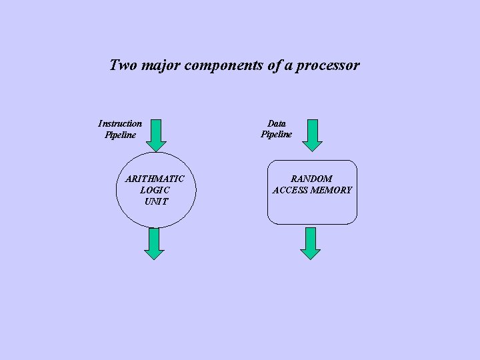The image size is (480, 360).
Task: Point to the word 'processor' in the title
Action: coord(327,66)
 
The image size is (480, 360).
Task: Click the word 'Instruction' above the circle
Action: coord(120,123)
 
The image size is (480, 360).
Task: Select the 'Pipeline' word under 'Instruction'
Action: coord(120,135)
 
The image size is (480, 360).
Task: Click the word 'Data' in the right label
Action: coord(277,123)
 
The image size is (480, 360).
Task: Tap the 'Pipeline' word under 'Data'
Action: coord(277,135)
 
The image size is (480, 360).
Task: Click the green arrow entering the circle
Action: coord(155,135)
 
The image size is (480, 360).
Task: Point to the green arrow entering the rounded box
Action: coord(312,135)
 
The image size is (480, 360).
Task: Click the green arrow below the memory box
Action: coord(311,243)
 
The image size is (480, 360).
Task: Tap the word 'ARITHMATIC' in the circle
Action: coord(155,179)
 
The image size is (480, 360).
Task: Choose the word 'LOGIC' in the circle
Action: coord(155,190)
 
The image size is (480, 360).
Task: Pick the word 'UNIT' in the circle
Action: coord(156,201)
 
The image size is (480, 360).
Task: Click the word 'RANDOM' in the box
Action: coord(311,179)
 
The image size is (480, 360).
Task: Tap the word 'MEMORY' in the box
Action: coord(331,190)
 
